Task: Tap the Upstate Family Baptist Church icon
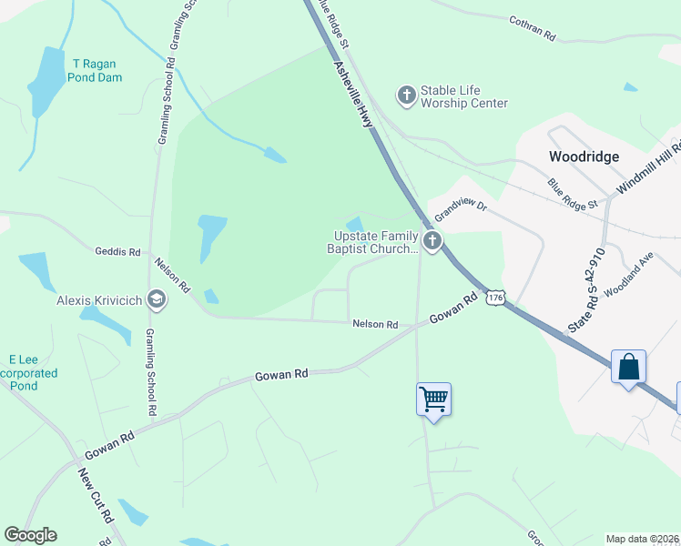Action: coord(432,241)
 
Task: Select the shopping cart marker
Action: coord(434,399)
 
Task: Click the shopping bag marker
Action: coord(628,367)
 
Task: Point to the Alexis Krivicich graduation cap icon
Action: coord(157,299)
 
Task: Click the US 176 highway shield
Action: coord(495,298)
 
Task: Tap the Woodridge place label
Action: coord(584,157)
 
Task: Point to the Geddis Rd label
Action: coord(117,251)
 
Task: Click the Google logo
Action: coord(30,535)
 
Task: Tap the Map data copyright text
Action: coord(643,539)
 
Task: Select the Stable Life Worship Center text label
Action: coord(463,97)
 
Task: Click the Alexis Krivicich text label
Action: coord(98,299)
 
